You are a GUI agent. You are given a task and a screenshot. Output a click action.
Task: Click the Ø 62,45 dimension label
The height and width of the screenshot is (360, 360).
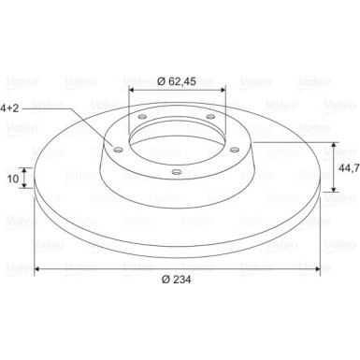[x=177, y=81]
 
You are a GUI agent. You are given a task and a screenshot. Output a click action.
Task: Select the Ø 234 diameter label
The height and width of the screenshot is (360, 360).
[x=176, y=280]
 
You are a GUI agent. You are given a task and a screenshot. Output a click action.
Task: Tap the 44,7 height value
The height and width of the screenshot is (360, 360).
[x=349, y=167]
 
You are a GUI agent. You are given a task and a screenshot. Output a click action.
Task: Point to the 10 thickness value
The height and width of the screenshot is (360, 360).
[x=13, y=179]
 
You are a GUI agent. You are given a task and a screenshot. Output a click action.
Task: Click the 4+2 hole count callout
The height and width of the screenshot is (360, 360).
[x=9, y=108]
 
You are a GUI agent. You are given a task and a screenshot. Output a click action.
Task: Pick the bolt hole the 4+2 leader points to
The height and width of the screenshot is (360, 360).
[x=118, y=151]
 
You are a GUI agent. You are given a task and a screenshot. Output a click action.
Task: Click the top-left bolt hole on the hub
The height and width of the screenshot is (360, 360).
[x=142, y=117]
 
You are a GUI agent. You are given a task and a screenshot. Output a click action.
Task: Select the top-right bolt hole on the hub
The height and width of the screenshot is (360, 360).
[x=211, y=117]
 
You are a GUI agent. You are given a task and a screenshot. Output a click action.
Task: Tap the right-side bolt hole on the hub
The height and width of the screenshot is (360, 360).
[x=235, y=151]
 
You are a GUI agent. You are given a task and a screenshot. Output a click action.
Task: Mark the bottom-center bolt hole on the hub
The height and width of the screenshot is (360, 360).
[x=177, y=171]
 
